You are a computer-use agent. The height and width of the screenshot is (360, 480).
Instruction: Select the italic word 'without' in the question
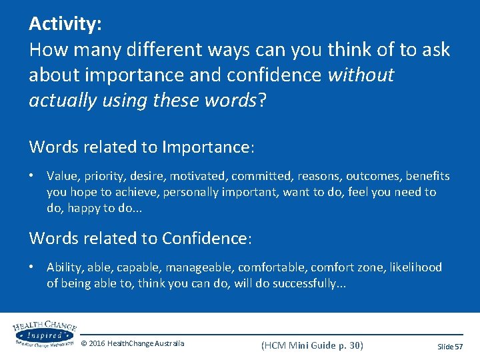361,75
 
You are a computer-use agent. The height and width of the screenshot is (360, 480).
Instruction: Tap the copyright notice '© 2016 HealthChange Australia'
133,344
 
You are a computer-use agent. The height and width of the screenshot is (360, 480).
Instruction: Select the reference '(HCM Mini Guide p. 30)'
312,345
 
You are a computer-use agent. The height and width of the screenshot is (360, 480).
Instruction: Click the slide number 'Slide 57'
450,347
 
